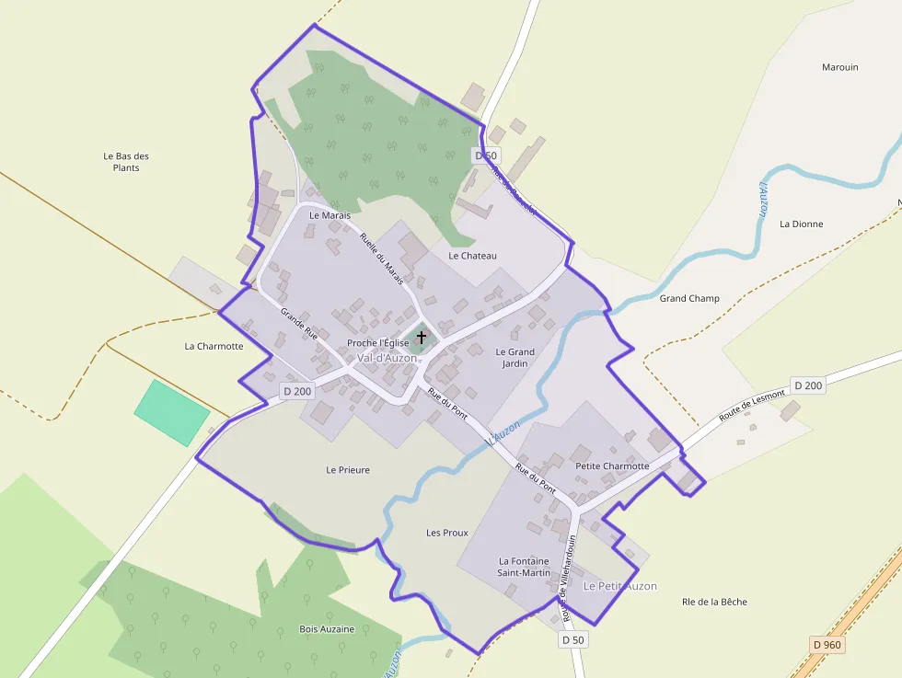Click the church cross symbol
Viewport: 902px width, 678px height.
(x=422, y=337)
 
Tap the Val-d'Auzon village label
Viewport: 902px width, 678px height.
(x=387, y=358)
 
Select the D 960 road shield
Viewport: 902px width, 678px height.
(x=827, y=645)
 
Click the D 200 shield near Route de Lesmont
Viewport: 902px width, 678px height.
(x=807, y=385)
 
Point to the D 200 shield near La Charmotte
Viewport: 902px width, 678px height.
(x=297, y=391)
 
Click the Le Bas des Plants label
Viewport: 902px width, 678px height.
(x=126, y=162)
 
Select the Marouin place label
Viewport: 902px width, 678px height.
(x=839, y=67)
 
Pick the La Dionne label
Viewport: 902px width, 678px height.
(x=801, y=224)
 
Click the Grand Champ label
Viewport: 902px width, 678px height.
(x=689, y=298)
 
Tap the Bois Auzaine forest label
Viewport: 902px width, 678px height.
(x=327, y=629)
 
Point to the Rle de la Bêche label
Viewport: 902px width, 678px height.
(x=714, y=602)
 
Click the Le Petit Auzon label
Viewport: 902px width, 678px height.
(x=619, y=586)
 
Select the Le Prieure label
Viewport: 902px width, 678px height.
(x=348, y=470)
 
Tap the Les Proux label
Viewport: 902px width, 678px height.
(x=447, y=533)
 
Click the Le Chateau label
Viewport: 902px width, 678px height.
(x=472, y=255)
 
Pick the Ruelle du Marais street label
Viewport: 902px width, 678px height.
(x=382, y=256)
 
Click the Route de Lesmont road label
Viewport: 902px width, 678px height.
(x=752, y=405)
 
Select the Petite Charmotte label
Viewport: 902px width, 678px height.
(x=612, y=465)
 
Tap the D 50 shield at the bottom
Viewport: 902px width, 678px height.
(x=572, y=639)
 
